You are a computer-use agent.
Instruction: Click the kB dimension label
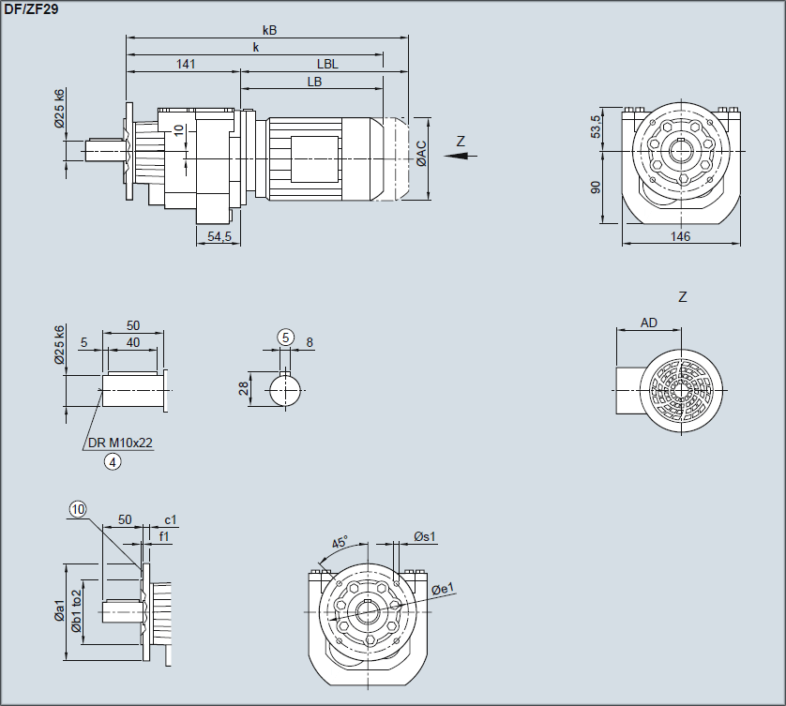(x=269, y=30)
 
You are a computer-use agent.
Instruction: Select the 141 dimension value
(x=186, y=64)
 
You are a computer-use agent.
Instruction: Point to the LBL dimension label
(x=327, y=64)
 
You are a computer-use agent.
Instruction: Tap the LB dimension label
(x=314, y=82)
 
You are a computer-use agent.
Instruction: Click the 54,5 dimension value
(x=219, y=236)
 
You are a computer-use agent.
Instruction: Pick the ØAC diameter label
(x=421, y=155)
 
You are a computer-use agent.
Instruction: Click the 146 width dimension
(x=681, y=236)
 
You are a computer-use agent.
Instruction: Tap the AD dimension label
(x=649, y=323)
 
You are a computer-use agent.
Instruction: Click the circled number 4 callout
(x=113, y=460)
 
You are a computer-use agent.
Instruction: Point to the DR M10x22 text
(x=120, y=443)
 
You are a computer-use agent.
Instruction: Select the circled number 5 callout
(x=286, y=338)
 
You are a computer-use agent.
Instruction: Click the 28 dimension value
(x=244, y=388)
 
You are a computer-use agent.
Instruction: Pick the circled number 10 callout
(x=77, y=508)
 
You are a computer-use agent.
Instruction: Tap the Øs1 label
(x=425, y=536)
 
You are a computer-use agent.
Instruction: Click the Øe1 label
(x=443, y=588)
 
